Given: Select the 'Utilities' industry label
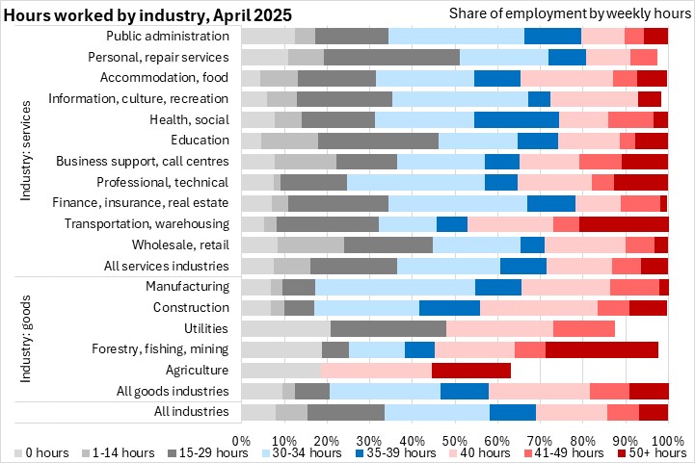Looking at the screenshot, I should point(205,328).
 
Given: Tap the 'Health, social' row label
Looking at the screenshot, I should point(190,119).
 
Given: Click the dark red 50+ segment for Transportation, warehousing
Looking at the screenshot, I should point(624,224).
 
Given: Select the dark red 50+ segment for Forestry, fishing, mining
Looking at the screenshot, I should point(601,349).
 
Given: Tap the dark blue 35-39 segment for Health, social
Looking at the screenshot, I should point(517,119).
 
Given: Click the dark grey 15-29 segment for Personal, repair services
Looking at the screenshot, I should point(391,57).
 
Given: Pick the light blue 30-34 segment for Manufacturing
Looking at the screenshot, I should point(395,287).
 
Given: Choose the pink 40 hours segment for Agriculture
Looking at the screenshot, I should point(376,370).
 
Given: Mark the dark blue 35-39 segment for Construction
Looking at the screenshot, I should point(450,308).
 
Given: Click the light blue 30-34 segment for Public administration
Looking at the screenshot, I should point(456,36).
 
